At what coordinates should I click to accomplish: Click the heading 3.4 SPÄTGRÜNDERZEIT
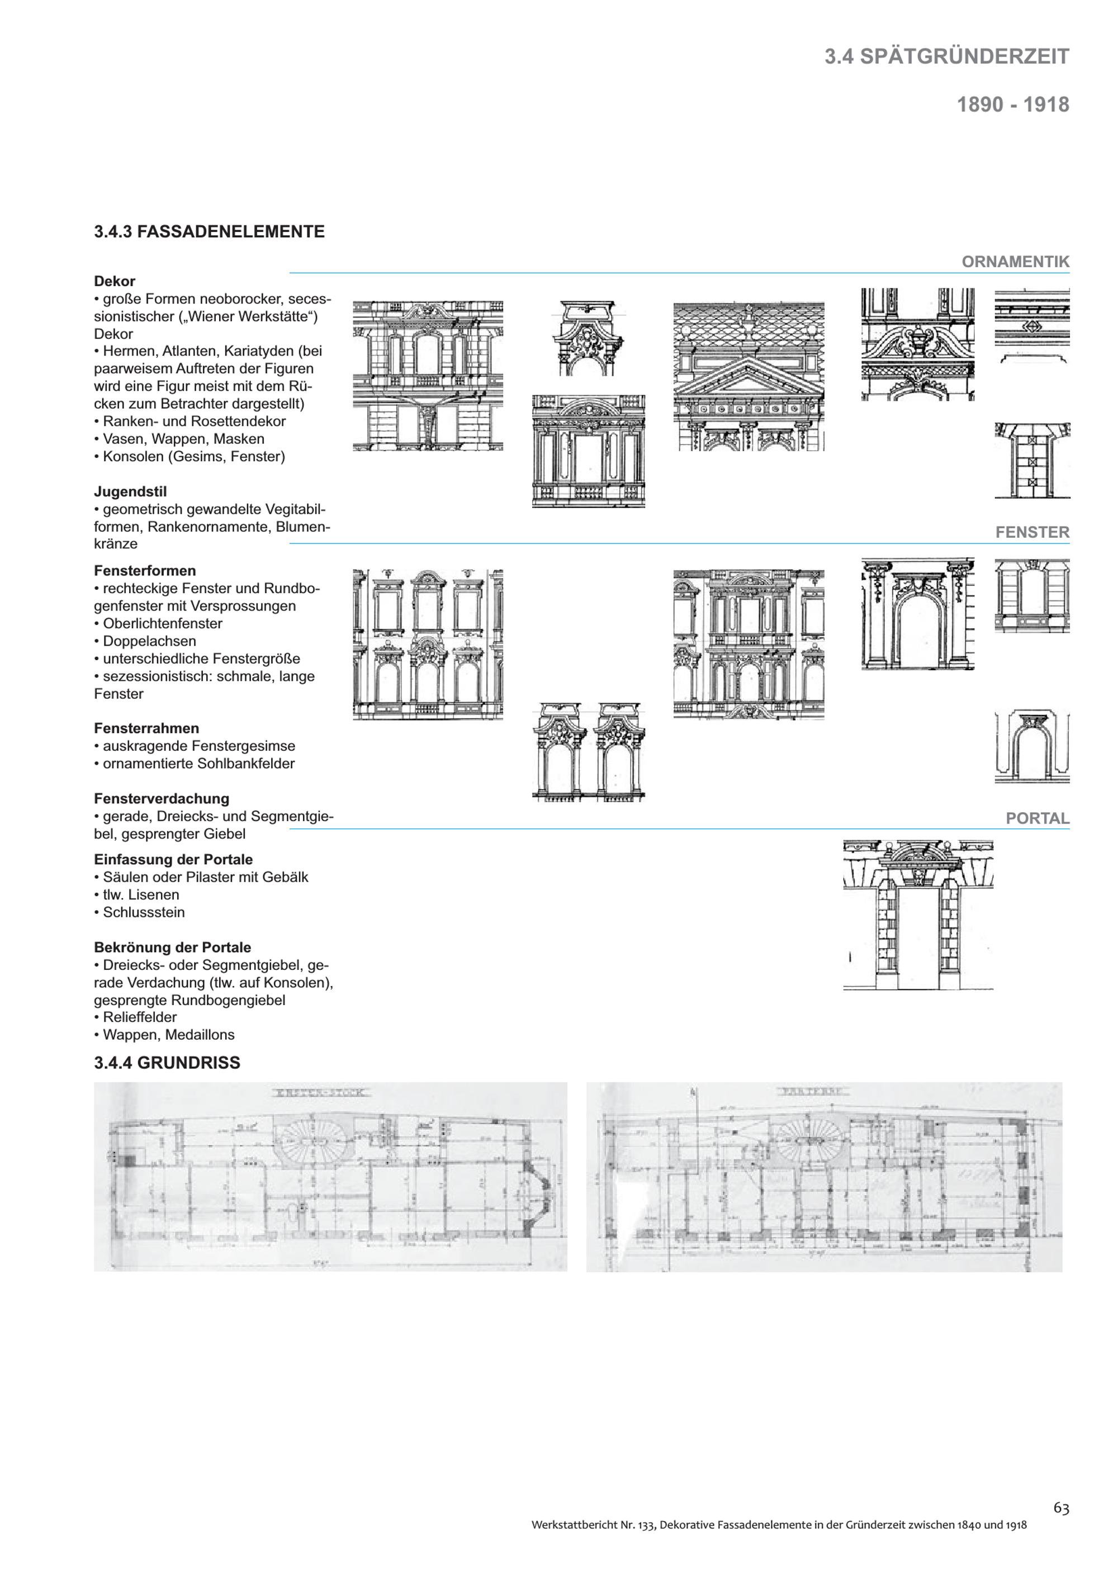pyautogui.click(x=946, y=56)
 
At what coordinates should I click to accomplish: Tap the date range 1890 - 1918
pyautogui.click(x=1012, y=105)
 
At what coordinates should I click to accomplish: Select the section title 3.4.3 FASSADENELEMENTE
pyautogui.click(x=210, y=231)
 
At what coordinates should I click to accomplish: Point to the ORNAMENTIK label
pyautogui.click(x=1015, y=262)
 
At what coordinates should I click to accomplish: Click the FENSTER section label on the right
pyautogui.click(x=1032, y=532)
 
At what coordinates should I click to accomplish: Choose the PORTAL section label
pyautogui.click(x=1038, y=818)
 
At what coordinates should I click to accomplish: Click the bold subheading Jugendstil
pyautogui.click(x=130, y=491)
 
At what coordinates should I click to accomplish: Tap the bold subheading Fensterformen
pyautogui.click(x=145, y=571)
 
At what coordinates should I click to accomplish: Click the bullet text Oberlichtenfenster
pyautogui.click(x=163, y=623)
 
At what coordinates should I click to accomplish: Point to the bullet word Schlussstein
pyautogui.click(x=144, y=912)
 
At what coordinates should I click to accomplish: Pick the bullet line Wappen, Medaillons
pyautogui.click(x=169, y=1034)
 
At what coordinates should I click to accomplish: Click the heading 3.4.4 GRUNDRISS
pyautogui.click(x=167, y=1063)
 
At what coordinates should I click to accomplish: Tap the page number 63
pyautogui.click(x=1061, y=1508)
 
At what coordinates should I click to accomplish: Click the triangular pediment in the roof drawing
pyautogui.click(x=748, y=380)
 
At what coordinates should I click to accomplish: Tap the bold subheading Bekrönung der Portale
pyautogui.click(x=172, y=948)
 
